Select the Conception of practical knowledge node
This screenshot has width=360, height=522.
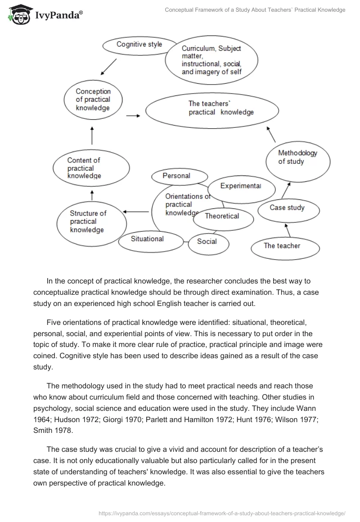coord(93,100)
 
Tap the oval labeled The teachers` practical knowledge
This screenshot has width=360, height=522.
coord(220,108)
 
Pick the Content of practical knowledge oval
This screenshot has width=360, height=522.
coord(85,168)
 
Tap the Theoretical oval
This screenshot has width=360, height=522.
coord(222,216)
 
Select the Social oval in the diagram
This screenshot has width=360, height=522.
coord(207,242)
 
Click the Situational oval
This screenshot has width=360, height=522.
coord(147,239)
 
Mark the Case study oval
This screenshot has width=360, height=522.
coord(287,208)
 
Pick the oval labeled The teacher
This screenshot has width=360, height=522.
coord(282,246)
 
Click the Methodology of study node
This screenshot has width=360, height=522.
coord(297,157)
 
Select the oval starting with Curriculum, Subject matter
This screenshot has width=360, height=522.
coord(211,60)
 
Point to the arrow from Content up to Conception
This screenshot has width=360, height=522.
coord(92,135)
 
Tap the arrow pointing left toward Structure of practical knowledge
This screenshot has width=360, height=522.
coord(136,211)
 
